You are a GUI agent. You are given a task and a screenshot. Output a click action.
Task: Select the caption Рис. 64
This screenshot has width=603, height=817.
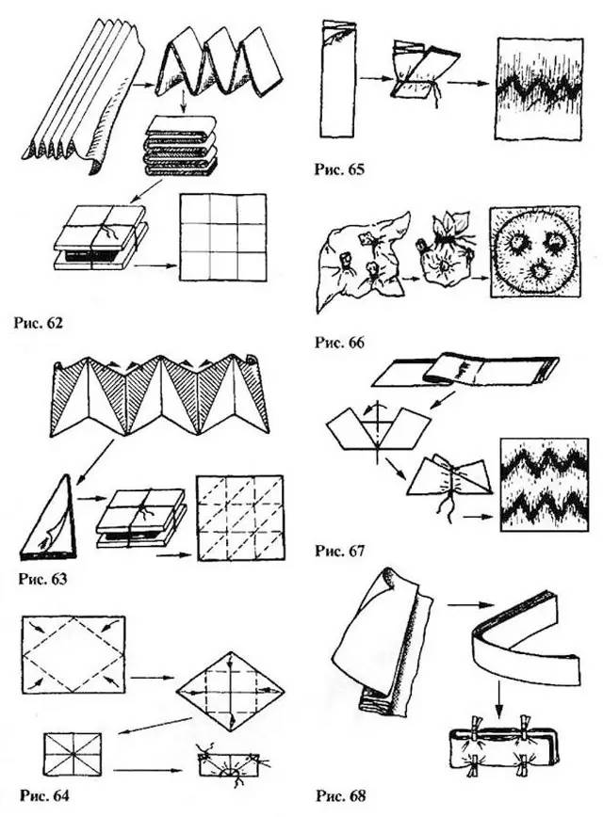coord(43,795)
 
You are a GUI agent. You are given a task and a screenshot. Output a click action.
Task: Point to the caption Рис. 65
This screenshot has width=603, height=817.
coord(337,171)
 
